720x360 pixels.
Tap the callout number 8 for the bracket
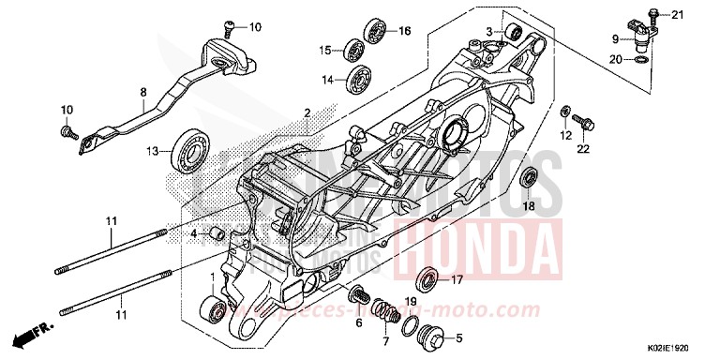click(x=143, y=92)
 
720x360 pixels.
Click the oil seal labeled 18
click(x=529, y=176)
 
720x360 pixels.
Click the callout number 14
click(x=328, y=81)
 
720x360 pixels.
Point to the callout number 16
click(x=405, y=31)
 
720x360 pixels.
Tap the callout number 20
click(x=616, y=59)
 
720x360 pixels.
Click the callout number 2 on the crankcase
click(x=306, y=112)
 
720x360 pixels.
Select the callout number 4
click(x=192, y=232)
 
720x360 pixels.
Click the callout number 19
click(x=409, y=302)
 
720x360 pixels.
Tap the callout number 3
click(x=489, y=32)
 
